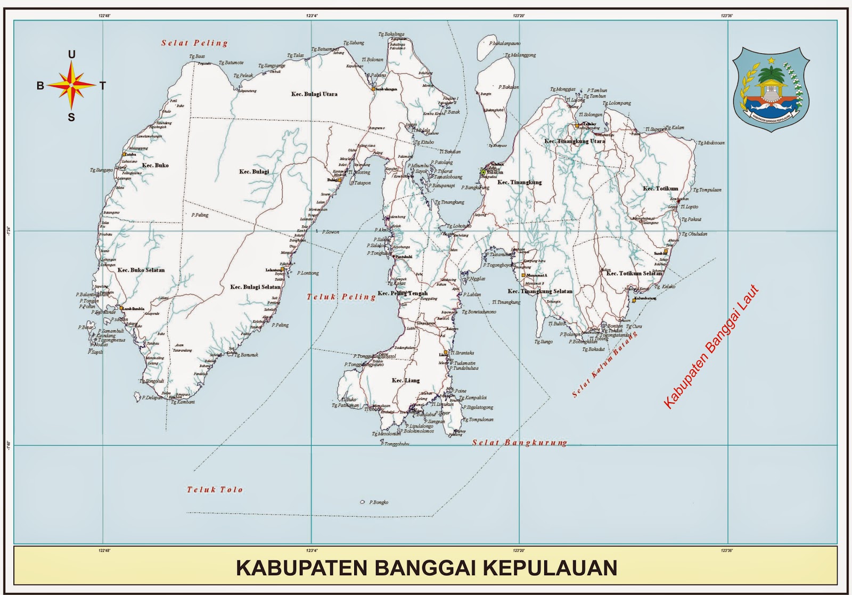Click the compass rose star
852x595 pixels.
71,85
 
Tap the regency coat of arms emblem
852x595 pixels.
771,88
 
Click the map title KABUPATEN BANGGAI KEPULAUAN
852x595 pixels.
426,568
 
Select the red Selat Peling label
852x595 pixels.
195,43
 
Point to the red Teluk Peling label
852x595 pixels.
341,297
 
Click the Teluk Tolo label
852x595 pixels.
215,490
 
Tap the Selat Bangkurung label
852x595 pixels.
520,443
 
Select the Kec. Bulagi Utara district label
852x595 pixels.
314,94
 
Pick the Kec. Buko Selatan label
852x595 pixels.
141,270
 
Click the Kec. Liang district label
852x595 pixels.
406,380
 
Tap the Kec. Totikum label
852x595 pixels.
660,189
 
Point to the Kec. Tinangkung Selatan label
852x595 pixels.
540,291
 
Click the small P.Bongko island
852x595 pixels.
363,502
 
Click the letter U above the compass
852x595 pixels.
71,54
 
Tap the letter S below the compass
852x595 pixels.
71,118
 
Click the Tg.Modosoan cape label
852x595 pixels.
711,143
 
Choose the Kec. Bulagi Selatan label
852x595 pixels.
255,287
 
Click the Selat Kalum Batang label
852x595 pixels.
605,364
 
